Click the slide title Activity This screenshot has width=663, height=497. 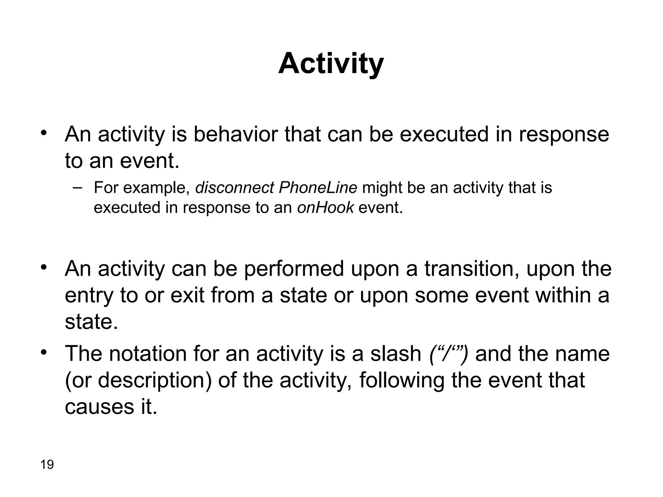331,64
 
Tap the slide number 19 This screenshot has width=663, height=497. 47,465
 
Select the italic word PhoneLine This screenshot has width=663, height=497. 318,188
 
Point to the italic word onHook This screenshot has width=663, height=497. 325,207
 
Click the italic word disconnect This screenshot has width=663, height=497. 235,188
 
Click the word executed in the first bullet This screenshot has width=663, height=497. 444,134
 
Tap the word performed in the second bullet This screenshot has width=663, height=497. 294,269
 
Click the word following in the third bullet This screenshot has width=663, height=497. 402,380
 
